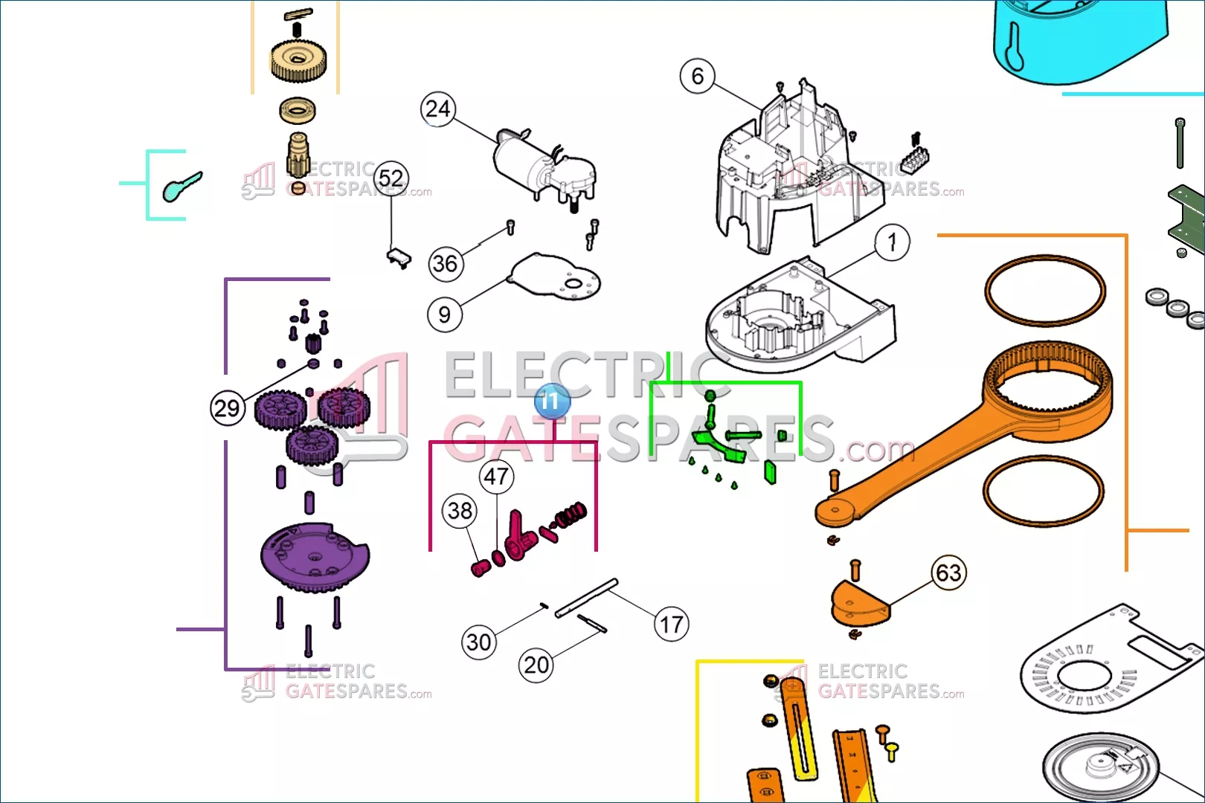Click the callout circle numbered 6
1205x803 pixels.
[698, 76]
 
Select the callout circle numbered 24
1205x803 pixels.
[438, 109]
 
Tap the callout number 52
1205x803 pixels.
[391, 178]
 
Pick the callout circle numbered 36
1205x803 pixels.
[446, 264]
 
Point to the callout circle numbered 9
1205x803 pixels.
[444, 315]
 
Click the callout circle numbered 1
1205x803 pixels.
[892, 242]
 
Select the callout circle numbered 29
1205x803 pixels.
[228, 408]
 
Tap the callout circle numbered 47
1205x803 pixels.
[496, 477]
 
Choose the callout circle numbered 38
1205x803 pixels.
[460, 511]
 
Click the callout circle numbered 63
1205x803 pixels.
[948, 573]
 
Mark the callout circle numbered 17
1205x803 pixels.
[671, 625]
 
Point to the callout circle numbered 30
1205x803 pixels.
[479, 642]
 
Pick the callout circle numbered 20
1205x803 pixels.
[536, 665]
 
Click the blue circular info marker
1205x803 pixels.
[552, 401]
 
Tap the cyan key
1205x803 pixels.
[181, 186]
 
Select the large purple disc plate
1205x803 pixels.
[312, 558]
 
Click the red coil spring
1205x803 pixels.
[571, 515]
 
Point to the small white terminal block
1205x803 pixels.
[913, 158]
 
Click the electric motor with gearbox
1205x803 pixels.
[543, 167]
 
